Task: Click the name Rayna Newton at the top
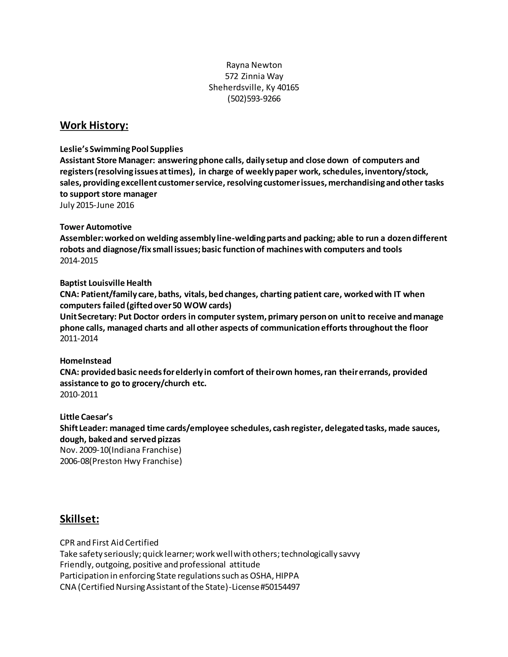pos(254,65)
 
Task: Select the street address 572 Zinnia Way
pos(254,76)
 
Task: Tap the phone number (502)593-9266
pos(254,99)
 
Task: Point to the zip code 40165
pos(288,88)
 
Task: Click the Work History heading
pos(94,125)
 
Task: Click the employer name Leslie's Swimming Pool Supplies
pos(121,149)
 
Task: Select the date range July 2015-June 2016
pos(97,205)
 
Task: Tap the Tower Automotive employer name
pos(96,227)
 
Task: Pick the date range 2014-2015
pos(79,261)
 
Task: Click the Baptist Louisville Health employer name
pos(106,283)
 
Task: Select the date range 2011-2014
pos(79,339)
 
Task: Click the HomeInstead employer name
pos(86,361)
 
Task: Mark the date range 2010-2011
pos(79,395)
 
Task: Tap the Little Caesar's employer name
pos(86,417)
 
